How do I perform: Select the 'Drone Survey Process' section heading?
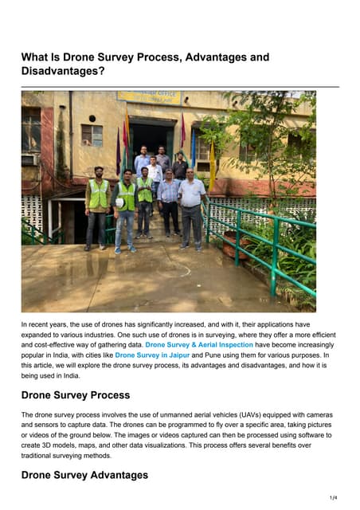tap(75, 395)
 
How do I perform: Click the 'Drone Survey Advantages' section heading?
tap(84, 475)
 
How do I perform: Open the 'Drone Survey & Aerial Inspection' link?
tap(199, 345)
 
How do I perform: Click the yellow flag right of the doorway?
tap(212, 163)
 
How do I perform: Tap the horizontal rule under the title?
tap(180, 86)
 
